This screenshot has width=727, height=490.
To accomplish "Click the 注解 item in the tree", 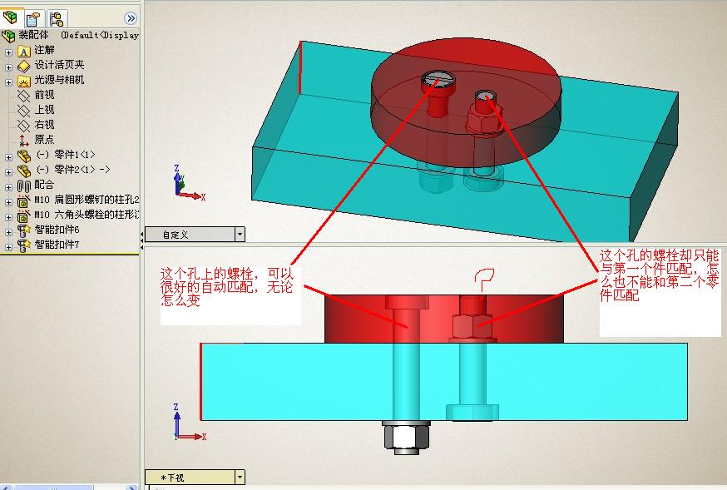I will point(44,50).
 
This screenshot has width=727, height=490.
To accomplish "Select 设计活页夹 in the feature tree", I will point(59,65).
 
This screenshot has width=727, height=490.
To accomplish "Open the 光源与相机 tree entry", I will point(59,80).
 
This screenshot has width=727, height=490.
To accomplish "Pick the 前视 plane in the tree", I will point(44,95).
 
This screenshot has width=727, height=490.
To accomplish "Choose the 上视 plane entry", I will point(44,110).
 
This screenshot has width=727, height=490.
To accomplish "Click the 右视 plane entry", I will point(44,125).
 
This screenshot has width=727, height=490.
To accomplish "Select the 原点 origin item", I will point(44,140).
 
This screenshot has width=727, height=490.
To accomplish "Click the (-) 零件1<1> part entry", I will point(66,155).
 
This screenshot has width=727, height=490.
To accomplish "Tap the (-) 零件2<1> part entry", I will point(72,170).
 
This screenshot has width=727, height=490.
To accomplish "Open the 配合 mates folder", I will point(44,185).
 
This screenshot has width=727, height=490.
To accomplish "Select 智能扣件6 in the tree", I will point(57,230).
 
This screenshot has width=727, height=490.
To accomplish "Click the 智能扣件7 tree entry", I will point(57,245).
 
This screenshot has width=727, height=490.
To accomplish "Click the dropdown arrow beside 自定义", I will point(240,235).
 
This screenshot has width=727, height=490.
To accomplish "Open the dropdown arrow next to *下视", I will point(240,478).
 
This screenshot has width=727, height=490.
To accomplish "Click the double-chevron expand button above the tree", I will point(131,18).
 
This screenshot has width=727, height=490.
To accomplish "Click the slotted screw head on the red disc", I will point(438,81).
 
